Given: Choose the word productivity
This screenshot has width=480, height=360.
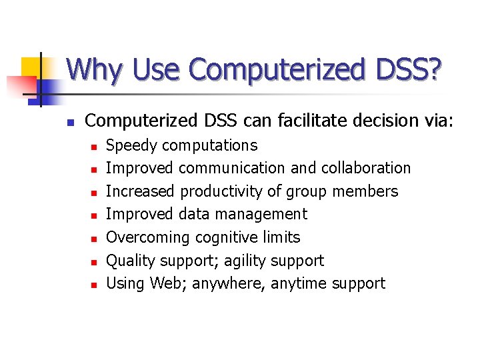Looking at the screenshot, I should pyautogui.click(x=221, y=191).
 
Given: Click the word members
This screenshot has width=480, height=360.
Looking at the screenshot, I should pyautogui.click(x=366, y=191).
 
